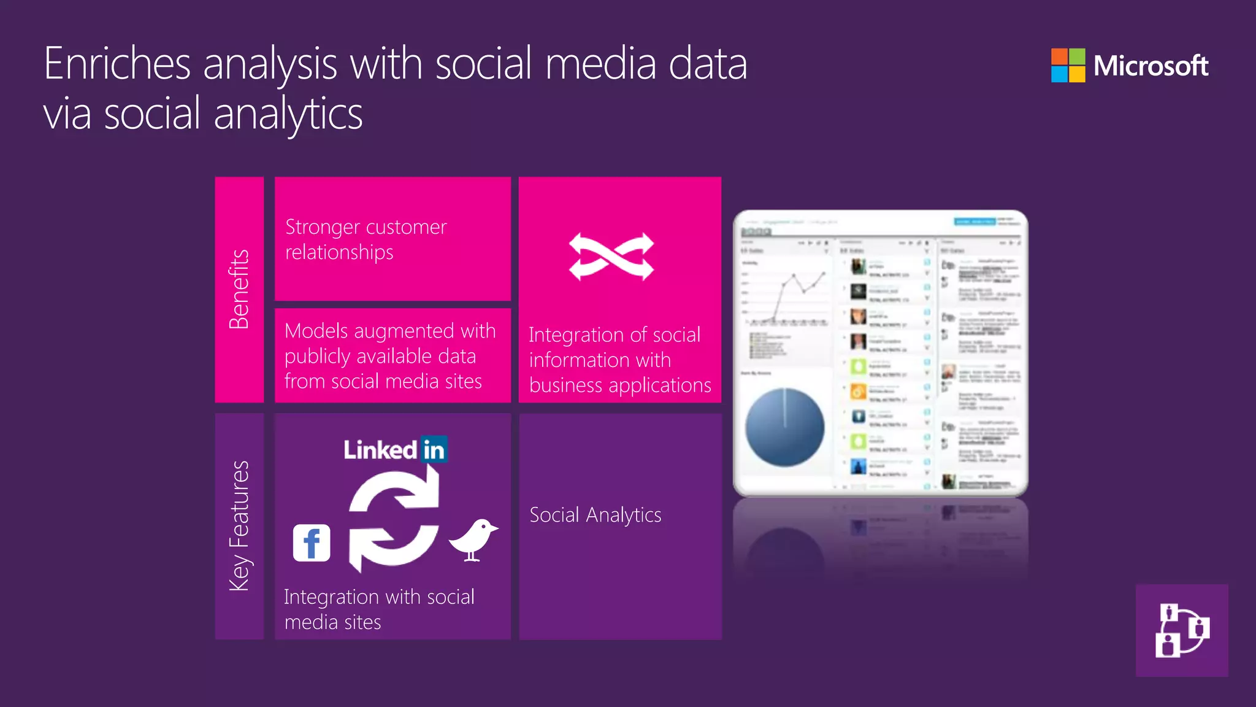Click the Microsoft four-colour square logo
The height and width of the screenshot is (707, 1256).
tap(1068, 65)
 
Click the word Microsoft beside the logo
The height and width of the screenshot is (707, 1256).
tap(1151, 66)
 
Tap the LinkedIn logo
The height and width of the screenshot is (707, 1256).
tap(395, 450)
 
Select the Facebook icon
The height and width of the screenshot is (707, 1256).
tap(312, 543)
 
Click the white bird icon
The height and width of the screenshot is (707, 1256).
tap(473, 539)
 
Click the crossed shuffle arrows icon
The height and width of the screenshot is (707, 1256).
tap(611, 257)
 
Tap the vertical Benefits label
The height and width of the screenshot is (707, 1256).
tap(239, 289)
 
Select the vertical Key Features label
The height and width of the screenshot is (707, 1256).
tap(239, 526)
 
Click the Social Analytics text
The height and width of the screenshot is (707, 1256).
tap(595, 515)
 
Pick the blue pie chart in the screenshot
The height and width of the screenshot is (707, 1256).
tap(784, 427)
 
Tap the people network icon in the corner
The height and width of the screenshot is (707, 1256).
tap(1182, 630)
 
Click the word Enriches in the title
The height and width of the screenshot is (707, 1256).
tap(117, 64)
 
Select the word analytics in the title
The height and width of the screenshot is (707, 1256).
tap(288, 114)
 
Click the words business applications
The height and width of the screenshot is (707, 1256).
tap(619, 385)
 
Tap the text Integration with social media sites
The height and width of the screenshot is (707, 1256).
tap(379, 609)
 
